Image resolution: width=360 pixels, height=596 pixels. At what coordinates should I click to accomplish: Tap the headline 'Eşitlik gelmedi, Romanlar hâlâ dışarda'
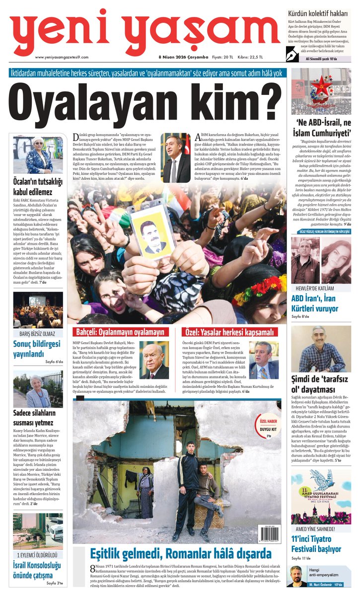coord(180,553)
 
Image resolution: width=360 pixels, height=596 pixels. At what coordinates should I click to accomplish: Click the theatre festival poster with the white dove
coord(321,497)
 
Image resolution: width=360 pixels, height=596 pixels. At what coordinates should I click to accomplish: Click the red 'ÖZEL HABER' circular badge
coord(268,425)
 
